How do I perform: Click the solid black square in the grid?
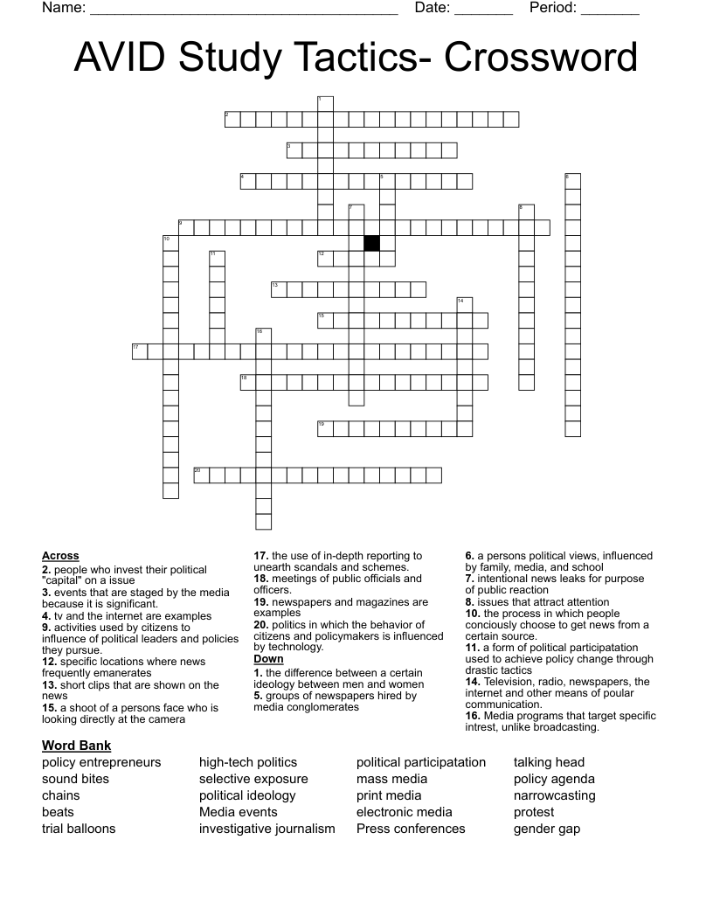pyautogui.click(x=372, y=243)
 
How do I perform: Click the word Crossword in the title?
pyautogui.click(x=541, y=58)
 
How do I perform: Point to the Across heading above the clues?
pyautogui.click(x=60, y=556)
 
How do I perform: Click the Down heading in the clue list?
pyautogui.click(x=268, y=659)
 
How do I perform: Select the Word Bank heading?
pyautogui.click(x=76, y=746)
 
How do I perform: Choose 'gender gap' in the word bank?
pyautogui.click(x=547, y=829)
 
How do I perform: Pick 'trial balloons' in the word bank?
pyautogui.click(x=79, y=829)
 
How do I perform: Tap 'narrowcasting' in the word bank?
pyautogui.click(x=554, y=795)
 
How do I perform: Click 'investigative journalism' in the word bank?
pyautogui.click(x=267, y=829)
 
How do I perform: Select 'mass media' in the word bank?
pyautogui.click(x=392, y=779)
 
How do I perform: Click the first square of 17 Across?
pyautogui.click(x=140, y=352)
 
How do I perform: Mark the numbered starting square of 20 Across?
pyautogui.click(x=202, y=475)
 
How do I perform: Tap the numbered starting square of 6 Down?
pyautogui.click(x=572, y=181)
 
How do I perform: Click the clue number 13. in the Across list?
pyautogui.click(x=48, y=685)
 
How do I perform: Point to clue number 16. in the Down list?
pyautogui.click(x=472, y=716)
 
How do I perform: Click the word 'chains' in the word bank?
pyautogui.click(x=61, y=795)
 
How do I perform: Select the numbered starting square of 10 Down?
pyautogui.click(x=170, y=243)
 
